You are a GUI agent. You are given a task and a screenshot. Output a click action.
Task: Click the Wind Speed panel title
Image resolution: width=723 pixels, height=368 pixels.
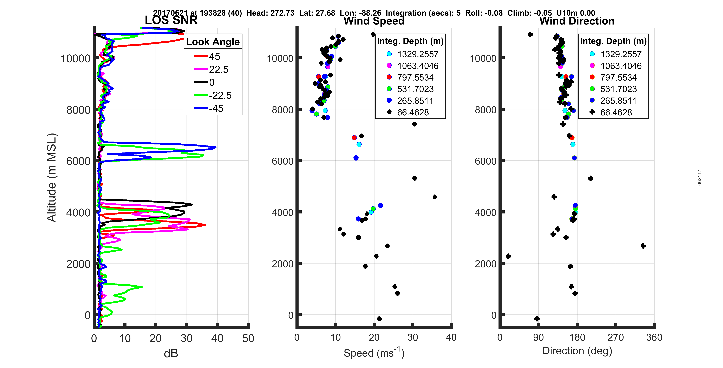[x=374, y=21]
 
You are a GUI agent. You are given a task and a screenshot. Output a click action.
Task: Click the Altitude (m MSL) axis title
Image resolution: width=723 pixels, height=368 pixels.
[x=52, y=178]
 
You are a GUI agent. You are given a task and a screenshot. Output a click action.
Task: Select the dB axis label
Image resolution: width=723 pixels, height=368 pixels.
[x=171, y=353]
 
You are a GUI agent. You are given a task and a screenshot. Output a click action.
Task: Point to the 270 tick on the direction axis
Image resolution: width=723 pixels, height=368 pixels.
[x=615, y=337]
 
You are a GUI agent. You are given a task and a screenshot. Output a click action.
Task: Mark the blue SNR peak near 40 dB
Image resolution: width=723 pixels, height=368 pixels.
[x=215, y=147]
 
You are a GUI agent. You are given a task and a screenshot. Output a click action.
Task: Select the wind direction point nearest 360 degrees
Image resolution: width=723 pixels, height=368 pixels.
[x=643, y=246]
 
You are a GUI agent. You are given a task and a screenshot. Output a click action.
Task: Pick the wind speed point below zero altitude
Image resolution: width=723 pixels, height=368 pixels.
[x=379, y=319]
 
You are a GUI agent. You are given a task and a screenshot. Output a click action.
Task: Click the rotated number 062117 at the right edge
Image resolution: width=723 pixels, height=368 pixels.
[x=699, y=178]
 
